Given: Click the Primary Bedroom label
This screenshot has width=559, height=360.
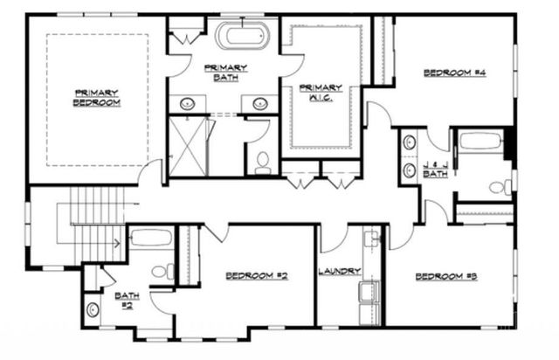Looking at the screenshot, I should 96,98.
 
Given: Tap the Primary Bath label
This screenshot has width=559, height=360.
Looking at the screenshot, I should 226,73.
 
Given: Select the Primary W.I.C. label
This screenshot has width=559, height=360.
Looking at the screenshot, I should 321,93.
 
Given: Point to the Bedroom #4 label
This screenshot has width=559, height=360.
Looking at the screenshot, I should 454,73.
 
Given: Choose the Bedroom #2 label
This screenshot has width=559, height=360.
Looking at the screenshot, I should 257,276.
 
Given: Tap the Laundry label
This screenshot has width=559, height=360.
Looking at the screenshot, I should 340,272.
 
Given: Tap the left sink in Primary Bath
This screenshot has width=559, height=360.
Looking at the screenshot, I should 188,104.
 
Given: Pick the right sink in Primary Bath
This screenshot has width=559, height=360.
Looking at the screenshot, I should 259,104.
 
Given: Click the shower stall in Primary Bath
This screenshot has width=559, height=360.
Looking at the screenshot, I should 190,146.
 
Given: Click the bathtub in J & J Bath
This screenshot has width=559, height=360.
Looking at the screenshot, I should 480,142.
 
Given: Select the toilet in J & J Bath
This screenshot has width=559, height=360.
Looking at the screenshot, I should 499,187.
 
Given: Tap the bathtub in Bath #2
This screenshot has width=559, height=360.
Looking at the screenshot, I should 152,238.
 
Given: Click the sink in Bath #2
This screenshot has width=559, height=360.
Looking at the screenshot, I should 93,308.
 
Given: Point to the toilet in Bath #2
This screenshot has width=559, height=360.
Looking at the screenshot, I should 162,272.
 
